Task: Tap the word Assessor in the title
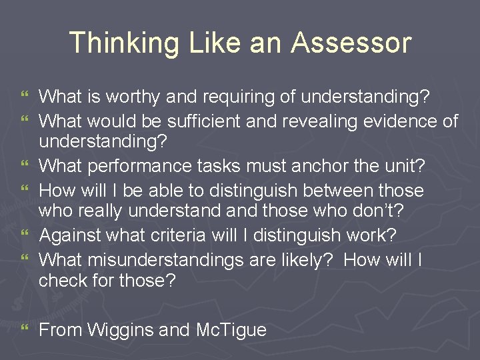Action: tap(351, 43)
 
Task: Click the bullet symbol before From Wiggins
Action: tap(25, 329)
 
